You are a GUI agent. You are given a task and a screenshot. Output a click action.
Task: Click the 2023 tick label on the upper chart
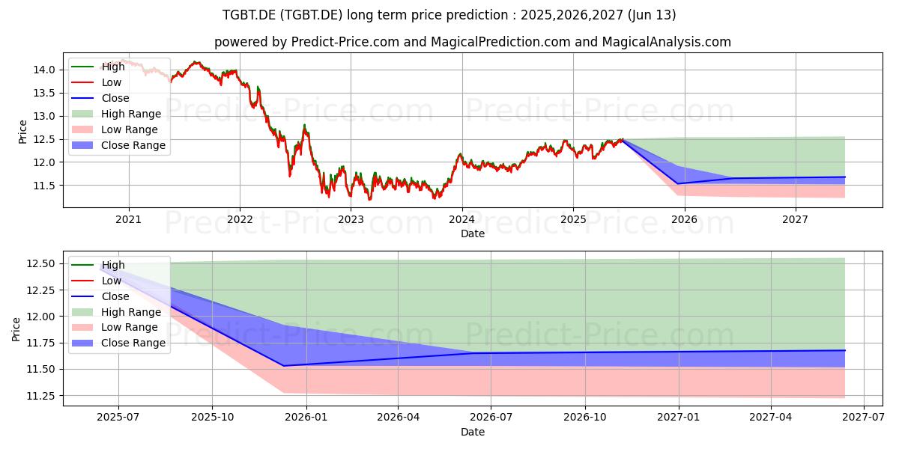click(x=351, y=220)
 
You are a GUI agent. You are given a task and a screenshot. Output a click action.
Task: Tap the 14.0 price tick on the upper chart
click(x=44, y=70)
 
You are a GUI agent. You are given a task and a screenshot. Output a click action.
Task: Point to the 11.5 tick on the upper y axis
click(x=44, y=186)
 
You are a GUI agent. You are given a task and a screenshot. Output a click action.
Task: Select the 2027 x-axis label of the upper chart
click(x=795, y=220)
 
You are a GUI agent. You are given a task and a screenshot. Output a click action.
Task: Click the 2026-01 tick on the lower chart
click(x=306, y=418)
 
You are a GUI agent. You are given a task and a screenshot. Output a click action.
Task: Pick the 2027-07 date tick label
click(x=863, y=418)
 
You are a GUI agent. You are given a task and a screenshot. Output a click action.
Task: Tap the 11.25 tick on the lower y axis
click(x=41, y=396)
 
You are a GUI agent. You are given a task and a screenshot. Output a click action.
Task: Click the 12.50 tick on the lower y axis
click(x=41, y=263)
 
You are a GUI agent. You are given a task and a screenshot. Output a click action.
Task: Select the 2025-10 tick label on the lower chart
click(x=212, y=418)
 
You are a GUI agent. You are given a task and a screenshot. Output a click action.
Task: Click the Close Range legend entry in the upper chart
click(x=118, y=145)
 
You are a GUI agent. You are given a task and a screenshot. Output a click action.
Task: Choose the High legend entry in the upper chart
click(x=98, y=67)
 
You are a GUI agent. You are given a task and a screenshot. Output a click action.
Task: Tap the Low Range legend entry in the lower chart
click(x=115, y=327)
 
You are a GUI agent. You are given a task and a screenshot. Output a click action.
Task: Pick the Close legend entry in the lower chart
click(x=100, y=296)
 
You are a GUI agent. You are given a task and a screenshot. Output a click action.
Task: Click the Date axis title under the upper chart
click(x=473, y=233)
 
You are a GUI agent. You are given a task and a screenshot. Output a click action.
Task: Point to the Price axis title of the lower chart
click(x=16, y=329)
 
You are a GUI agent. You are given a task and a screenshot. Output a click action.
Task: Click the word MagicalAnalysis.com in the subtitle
click(x=666, y=42)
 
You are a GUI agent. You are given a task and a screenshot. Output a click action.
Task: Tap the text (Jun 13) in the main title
click(x=651, y=15)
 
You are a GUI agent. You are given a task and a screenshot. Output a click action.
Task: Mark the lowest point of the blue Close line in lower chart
click(x=283, y=366)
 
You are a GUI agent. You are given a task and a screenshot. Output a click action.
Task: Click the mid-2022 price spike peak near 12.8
click(x=304, y=125)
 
